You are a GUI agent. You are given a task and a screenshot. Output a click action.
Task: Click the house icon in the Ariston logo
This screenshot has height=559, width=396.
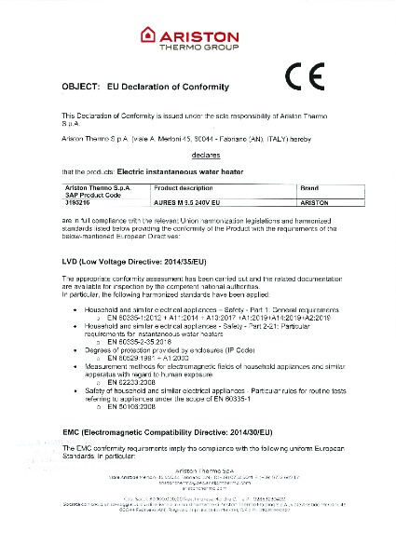(148, 35)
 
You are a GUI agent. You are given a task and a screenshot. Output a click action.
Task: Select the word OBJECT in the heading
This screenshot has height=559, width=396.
(80, 86)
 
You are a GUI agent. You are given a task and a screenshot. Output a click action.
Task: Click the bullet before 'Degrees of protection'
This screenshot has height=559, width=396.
(87, 349)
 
